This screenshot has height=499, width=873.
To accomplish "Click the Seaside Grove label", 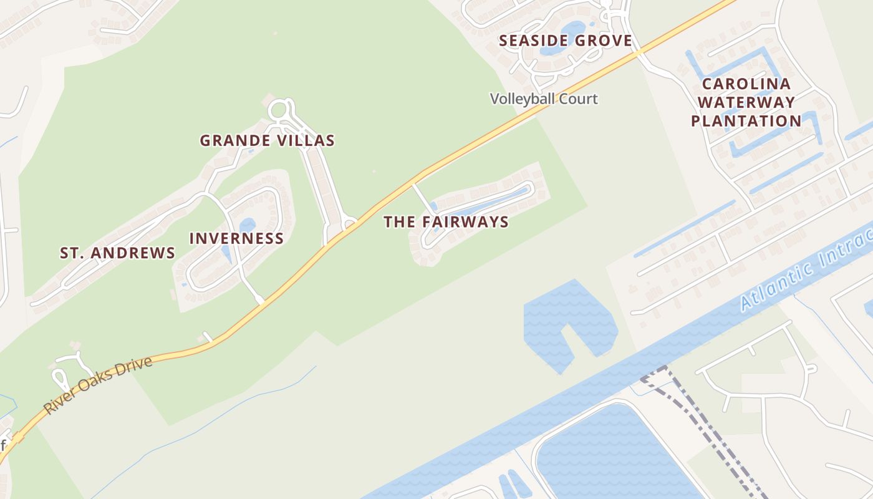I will click(566, 41).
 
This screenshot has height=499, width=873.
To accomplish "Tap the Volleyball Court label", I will click(543, 99).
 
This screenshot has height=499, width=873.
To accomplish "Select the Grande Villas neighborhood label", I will click(267, 140).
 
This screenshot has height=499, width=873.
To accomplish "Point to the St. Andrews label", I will click(117, 253).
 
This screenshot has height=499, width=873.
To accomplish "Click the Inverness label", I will click(236, 238).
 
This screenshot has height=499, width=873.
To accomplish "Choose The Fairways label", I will click(446, 221).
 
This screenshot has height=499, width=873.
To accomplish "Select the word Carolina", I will click(746, 84).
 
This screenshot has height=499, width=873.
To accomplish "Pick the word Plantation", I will click(746, 120).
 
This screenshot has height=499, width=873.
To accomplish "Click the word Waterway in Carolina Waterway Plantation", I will click(746, 102).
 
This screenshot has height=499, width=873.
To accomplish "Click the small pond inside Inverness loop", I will click(247, 225).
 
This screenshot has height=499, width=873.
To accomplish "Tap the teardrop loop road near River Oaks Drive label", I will click(60, 377).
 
